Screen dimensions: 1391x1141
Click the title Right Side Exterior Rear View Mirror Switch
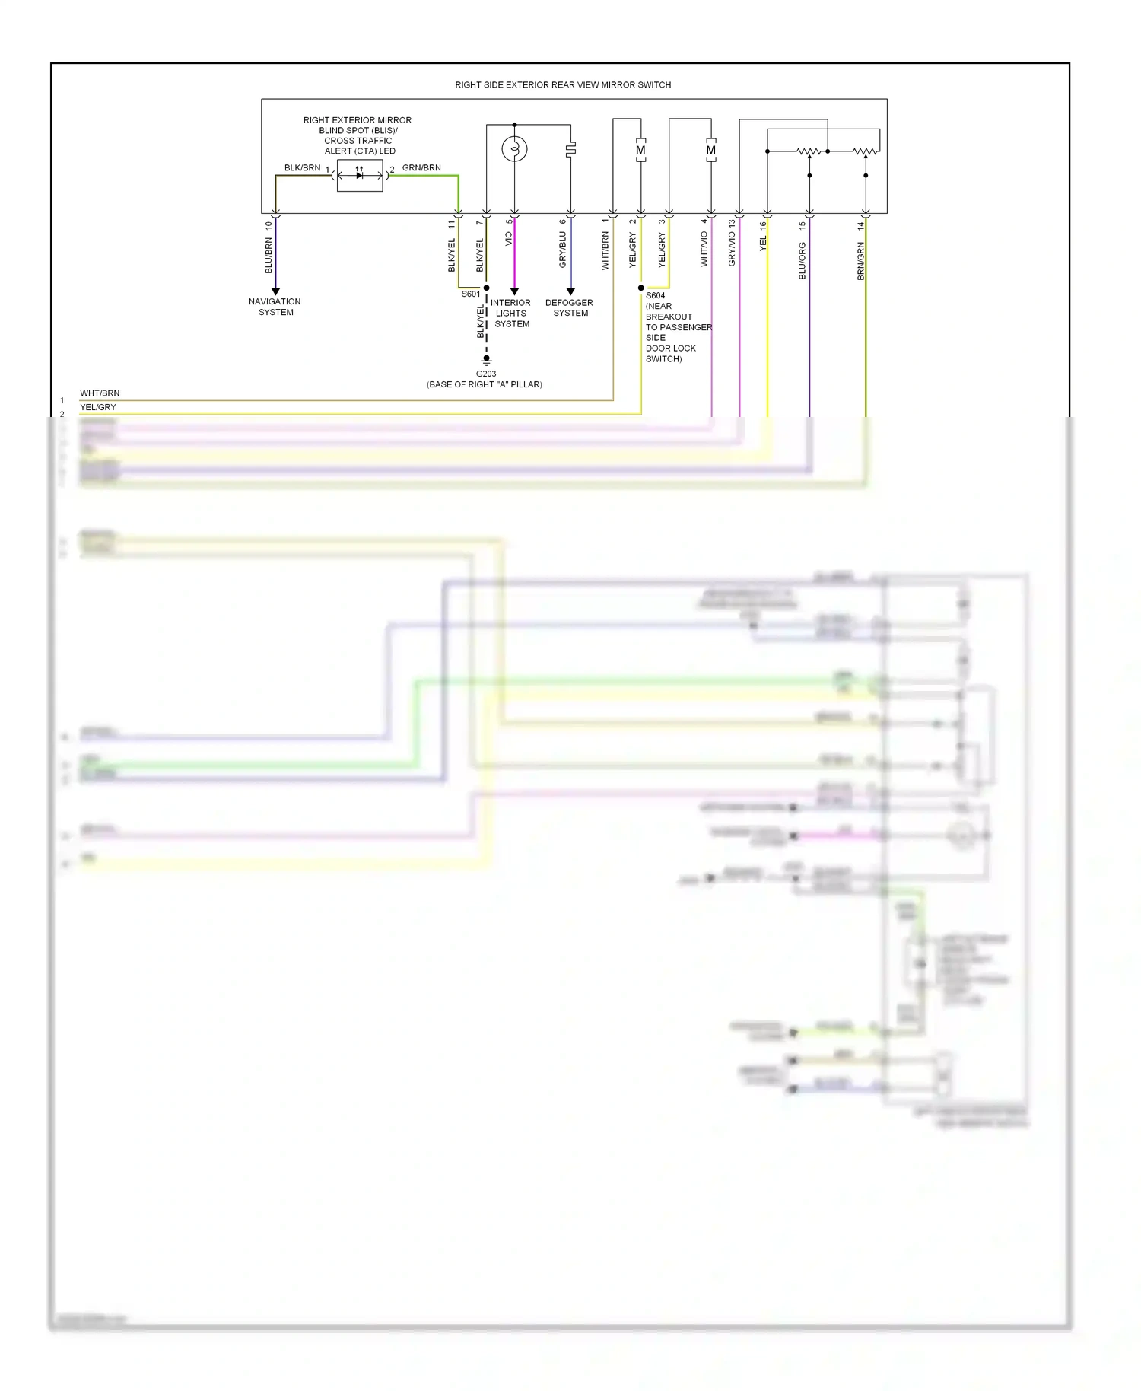563,85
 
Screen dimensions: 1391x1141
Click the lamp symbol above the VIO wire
514,149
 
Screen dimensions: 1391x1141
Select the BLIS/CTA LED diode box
360,176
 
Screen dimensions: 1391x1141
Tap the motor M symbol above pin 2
640,150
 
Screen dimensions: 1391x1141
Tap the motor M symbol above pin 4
710,150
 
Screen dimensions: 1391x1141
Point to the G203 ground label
485,374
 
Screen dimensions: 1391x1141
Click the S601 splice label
470,294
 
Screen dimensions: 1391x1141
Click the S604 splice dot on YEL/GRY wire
641,288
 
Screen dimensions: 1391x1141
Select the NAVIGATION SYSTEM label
275,307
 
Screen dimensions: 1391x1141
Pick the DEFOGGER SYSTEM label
570,307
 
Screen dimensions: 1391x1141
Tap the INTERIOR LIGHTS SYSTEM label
511,313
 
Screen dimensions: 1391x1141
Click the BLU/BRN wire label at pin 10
269,256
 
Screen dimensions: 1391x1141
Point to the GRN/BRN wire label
421,168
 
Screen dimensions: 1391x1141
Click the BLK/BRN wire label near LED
302,168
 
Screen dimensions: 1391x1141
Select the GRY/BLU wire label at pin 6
563,250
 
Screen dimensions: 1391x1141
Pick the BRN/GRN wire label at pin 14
860,261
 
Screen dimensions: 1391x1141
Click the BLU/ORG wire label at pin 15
802,261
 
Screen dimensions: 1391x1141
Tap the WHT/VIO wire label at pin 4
704,249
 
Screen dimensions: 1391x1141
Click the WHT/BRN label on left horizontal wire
100,393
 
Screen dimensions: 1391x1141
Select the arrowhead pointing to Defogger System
570,291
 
